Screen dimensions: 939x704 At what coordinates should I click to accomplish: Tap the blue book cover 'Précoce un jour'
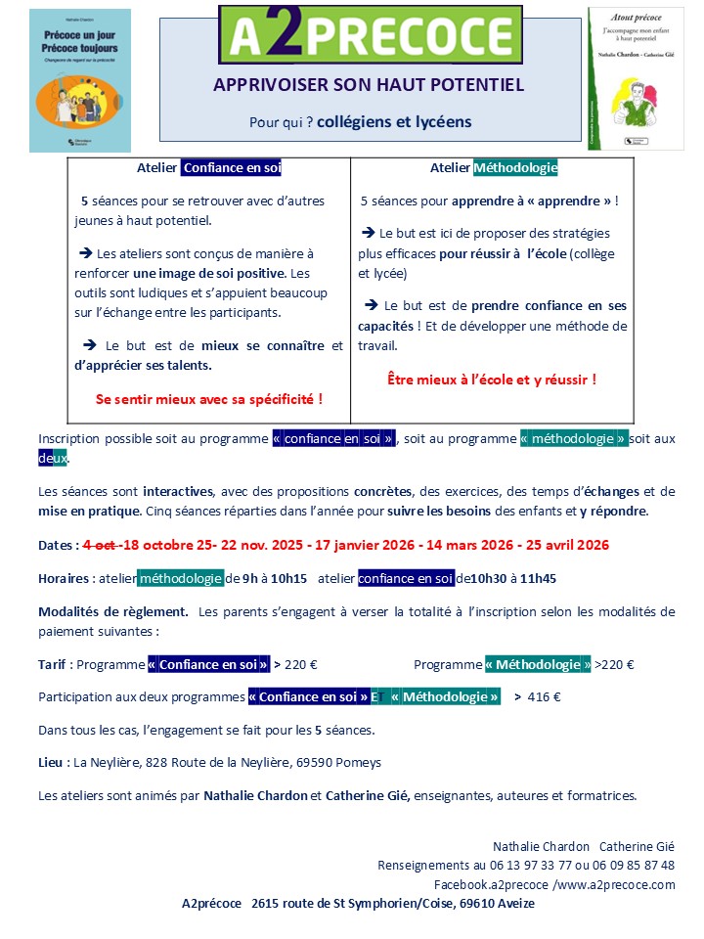click(x=80, y=80)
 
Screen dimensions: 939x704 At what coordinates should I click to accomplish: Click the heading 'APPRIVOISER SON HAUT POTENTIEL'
click(x=369, y=85)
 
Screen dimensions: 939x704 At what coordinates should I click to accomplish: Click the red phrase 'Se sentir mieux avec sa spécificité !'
click(x=209, y=399)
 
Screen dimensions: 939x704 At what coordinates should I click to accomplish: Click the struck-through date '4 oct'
click(x=100, y=545)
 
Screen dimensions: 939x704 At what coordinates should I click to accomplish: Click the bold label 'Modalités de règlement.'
click(x=113, y=612)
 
